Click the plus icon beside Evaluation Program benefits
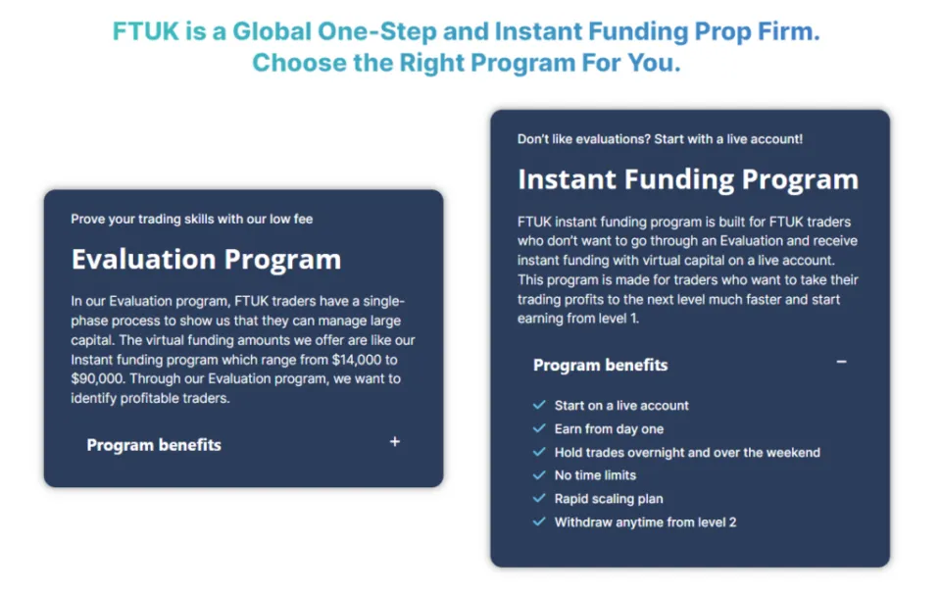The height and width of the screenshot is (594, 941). pos(395,442)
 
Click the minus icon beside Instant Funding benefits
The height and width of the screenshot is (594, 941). pos(841,363)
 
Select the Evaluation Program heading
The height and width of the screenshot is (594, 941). pos(206,260)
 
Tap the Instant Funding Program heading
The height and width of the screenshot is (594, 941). pos(688,180)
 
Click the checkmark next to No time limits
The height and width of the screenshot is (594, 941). pos(538,474)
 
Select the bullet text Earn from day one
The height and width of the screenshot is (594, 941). pos(609,428)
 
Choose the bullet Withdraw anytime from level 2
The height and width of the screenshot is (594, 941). pos(645,522)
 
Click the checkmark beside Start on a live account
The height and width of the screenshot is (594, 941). pos(538,405)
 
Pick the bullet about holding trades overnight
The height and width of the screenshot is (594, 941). pos(687,452)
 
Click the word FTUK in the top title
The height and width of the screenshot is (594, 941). pos(145,31)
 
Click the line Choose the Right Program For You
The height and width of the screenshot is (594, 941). pos(466,63)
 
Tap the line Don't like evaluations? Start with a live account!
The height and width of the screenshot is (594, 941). pos(660,139)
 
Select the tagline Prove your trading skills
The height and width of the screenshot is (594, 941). pos(191,219)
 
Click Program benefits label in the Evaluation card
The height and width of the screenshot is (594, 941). pos(154,445)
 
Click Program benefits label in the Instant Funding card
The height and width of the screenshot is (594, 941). pos(600,366)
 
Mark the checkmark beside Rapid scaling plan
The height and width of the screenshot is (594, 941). pos(538,498)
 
